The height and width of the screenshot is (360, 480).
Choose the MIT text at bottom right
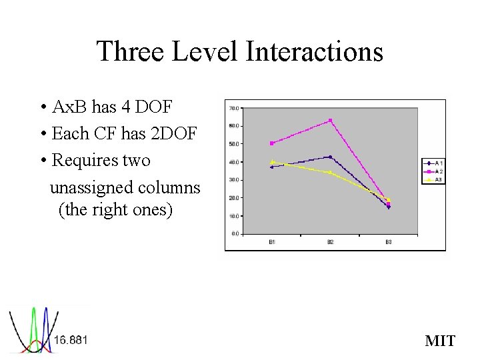(440, 341)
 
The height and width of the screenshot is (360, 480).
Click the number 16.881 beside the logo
(70, 340)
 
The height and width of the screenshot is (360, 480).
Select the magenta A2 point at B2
(330, 121)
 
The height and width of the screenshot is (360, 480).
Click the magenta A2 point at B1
(272, 143)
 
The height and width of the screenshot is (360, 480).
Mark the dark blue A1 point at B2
(330, 157)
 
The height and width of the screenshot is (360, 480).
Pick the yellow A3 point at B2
(330, 173)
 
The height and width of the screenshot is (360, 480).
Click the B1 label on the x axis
(272, 242)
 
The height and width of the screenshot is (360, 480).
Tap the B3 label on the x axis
(388, 242)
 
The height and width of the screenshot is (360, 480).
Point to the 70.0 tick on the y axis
(234, 108)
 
